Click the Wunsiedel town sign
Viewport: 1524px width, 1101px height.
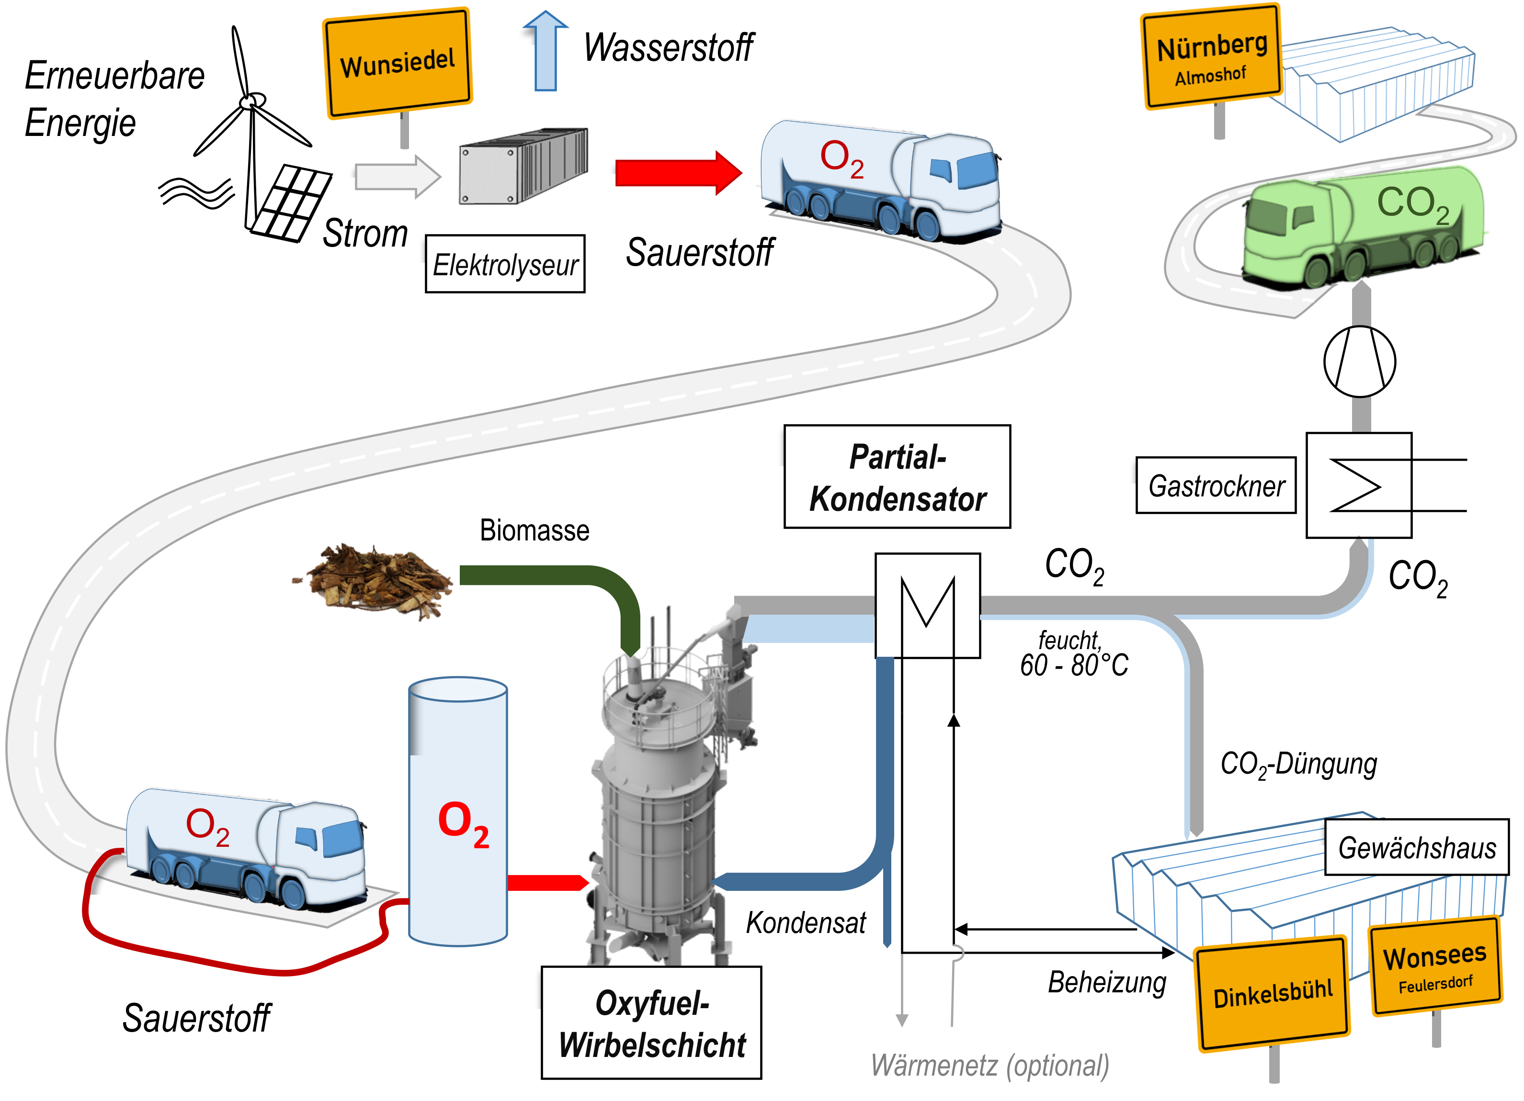(x=398, y=64)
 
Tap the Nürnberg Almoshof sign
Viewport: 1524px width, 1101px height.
(x=1212, y=57)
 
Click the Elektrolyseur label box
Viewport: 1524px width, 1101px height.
(x=505, y=264)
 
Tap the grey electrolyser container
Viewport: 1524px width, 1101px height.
(x=523, y=166)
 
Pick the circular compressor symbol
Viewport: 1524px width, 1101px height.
(x=1360, y=361)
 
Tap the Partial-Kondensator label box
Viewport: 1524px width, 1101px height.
(x=898, y=477)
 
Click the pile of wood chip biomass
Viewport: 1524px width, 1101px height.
(x=374, y=581)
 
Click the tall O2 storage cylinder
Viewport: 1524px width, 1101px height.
(x=458, y=811)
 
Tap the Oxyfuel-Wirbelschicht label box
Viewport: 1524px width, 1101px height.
(x=652, y=1023)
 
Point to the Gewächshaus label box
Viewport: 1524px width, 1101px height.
(x=1417, y=847)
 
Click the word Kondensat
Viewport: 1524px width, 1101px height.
(x=807, y=923)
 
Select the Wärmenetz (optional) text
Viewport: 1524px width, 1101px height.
(x=990, y=1067)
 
